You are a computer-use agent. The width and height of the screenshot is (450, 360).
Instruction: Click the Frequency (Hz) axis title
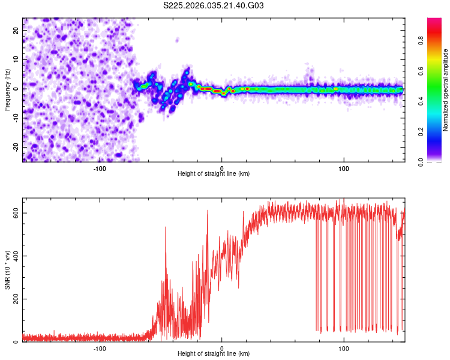point(7,89)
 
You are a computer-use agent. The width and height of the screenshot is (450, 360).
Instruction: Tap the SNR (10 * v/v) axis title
point(7,270)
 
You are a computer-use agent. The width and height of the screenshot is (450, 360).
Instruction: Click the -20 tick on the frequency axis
point(16,147)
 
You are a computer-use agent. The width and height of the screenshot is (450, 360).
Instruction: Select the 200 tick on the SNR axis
point(14,299)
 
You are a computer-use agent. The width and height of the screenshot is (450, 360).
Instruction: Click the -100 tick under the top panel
point(100,169)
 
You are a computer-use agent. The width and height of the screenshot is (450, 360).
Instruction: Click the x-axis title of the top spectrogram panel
point(214,174)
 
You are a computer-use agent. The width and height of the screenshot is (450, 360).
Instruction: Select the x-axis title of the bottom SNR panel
point(214,354)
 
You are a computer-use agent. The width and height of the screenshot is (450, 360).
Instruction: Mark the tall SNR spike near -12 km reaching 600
point(208,211)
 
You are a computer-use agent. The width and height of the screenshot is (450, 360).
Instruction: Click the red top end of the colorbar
point(434,21)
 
